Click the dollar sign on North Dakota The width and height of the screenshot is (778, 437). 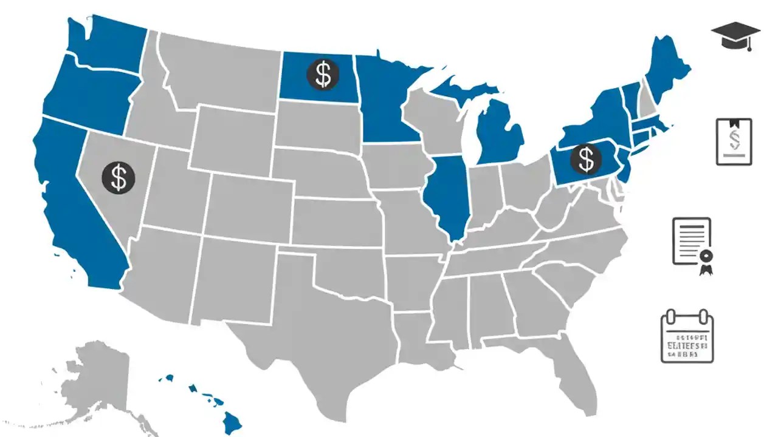[x=323, y=75]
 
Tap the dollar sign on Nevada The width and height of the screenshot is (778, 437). [x=119, y=178]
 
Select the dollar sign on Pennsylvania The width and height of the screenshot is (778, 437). [x=585, y=159]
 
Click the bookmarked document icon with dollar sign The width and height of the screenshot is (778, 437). [x=734, y=141]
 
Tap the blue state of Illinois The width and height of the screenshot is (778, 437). [x=449, y=194]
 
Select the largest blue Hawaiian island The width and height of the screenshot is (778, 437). [x=231, y=421]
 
